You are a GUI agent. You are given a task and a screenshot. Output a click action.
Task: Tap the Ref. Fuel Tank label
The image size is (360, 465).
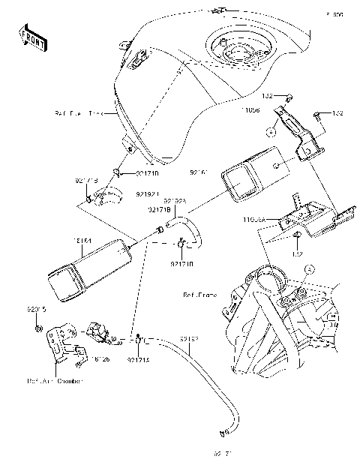click(x=79, y=114)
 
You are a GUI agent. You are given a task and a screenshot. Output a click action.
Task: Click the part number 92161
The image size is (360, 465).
click(x=196, y=172)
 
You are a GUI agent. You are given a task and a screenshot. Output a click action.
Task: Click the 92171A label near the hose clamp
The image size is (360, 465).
click(x=138, y=359)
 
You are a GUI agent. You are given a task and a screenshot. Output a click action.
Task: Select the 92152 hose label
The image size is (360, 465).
click(x=188, y=339)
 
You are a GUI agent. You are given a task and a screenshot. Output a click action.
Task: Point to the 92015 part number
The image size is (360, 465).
click(x=37, y=308)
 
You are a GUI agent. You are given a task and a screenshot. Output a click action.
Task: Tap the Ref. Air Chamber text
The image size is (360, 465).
click(x=55, y=380)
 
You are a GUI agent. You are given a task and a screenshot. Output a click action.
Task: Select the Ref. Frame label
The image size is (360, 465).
click(x=199, y=295)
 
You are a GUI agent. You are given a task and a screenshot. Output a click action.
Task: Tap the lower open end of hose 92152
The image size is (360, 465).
click(x=221, y=433)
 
